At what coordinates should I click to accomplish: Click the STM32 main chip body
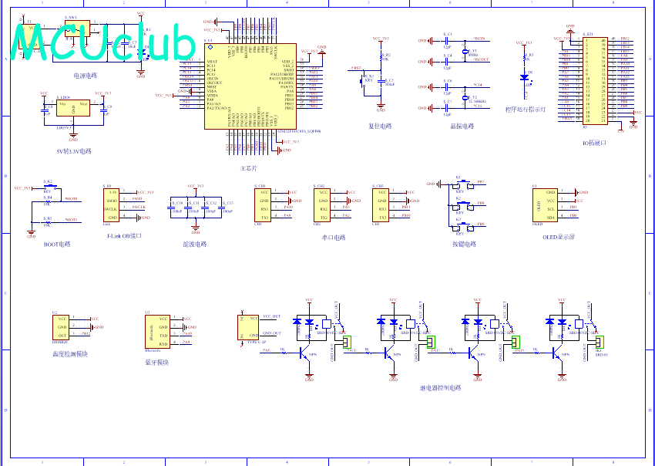pos(250,87)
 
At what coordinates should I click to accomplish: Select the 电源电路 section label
pos(85,76)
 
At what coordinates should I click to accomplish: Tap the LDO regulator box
pos(72,110)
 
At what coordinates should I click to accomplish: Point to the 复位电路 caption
pos(379,126)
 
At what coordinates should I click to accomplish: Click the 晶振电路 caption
pos(462,126)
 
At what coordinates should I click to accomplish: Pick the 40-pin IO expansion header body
pos(596,79)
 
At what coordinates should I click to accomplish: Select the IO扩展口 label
pos(595,142)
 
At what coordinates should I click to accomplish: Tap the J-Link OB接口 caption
pos(123,235)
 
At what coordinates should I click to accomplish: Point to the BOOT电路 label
pos(56,244)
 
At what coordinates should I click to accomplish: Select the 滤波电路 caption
pos(194,244)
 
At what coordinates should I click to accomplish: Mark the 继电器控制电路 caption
pos(440,388)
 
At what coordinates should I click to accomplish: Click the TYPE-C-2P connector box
pos(249,327)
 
